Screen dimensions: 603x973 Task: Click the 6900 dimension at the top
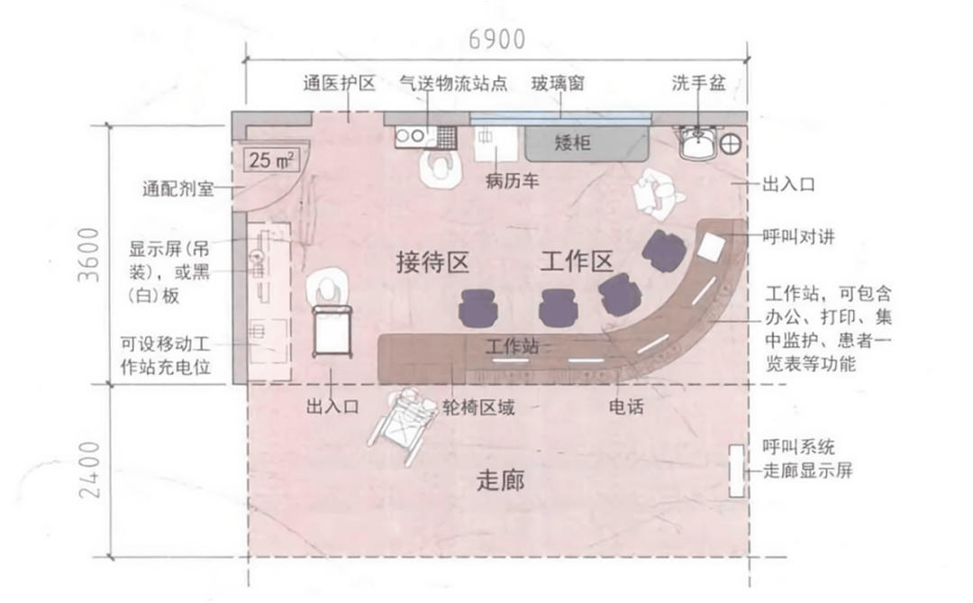click(496, 39)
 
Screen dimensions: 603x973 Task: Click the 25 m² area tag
click(272, 161)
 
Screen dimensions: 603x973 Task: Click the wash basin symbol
click(697, 141)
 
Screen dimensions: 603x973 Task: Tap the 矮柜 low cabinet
click(573, 142)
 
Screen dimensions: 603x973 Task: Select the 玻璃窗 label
click(559, 84)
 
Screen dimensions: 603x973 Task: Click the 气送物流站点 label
click(453, 84)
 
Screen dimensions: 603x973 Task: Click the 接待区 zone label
click(433, 262)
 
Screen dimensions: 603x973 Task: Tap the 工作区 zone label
click(577, 262)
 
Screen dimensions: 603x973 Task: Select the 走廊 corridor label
click(500, 480)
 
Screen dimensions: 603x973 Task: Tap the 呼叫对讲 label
click(798, 237)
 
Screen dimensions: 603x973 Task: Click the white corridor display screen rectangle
click(735, 470)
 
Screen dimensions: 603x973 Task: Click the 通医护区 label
click(339, 84)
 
